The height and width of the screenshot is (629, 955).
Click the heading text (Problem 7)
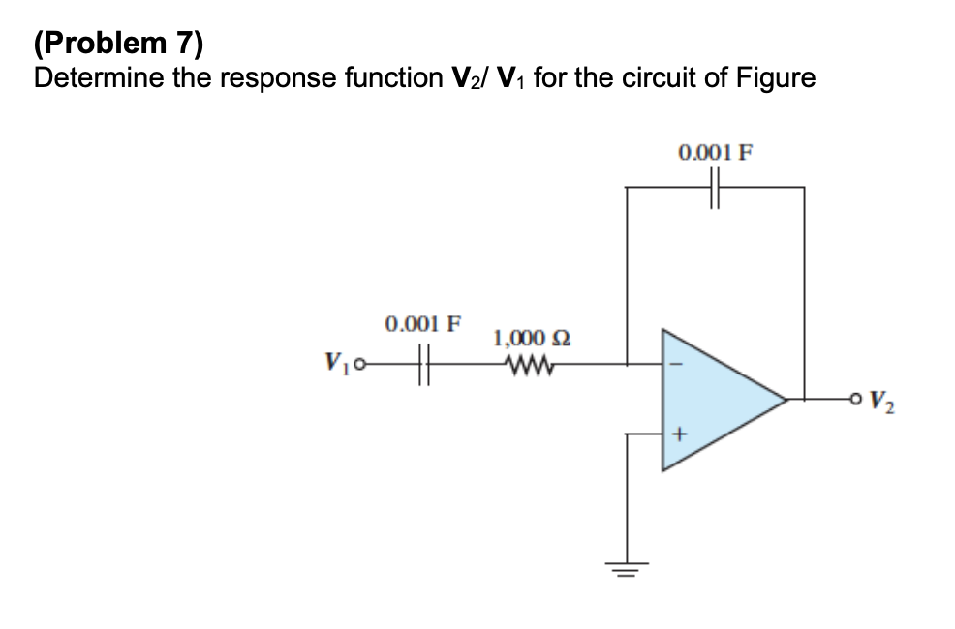pos(119,43)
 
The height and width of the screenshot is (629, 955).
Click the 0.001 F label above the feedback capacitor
pos(716,152)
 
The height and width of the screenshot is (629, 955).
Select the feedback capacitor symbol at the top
pos(716,187)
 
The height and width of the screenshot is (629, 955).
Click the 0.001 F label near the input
pos(423,322)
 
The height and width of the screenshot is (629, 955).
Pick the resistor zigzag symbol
pos(528,365)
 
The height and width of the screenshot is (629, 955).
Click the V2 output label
pos(883,399)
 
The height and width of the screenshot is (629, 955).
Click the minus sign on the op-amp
pos(678,365)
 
